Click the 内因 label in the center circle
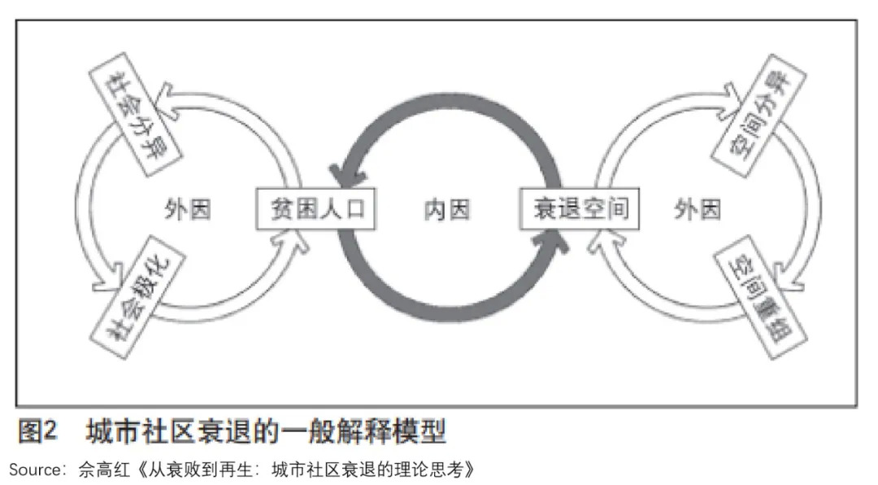[447, 210]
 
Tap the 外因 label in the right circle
[697, 210]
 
